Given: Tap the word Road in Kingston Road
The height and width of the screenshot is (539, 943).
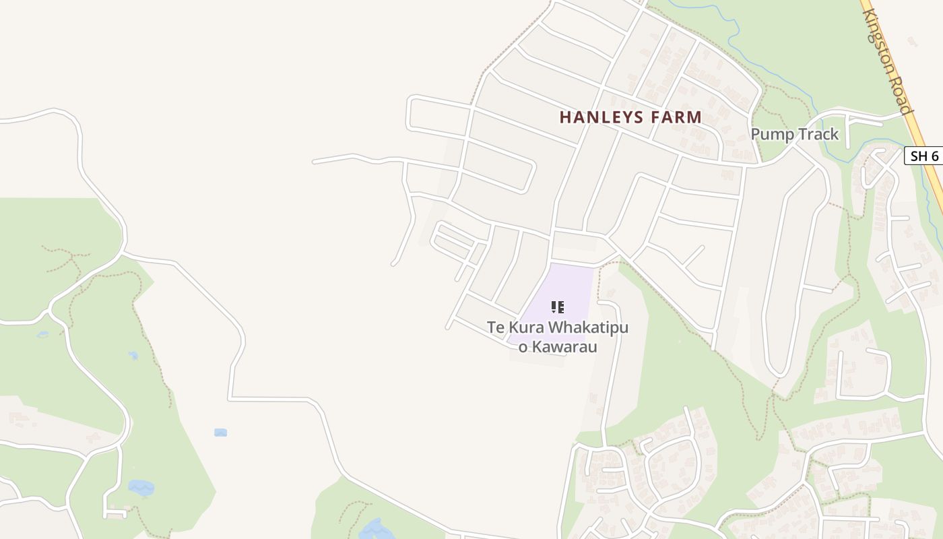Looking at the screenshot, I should (903, 94).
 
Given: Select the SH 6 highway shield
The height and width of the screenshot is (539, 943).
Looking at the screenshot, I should (924, 156).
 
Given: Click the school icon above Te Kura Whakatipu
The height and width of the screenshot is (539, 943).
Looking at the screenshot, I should (557, 307).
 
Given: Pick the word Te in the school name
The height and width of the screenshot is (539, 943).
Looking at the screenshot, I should (496, 327).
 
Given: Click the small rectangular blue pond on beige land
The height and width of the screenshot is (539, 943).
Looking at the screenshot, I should (220, 433).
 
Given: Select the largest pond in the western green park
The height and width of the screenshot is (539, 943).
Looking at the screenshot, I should (141, 487).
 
